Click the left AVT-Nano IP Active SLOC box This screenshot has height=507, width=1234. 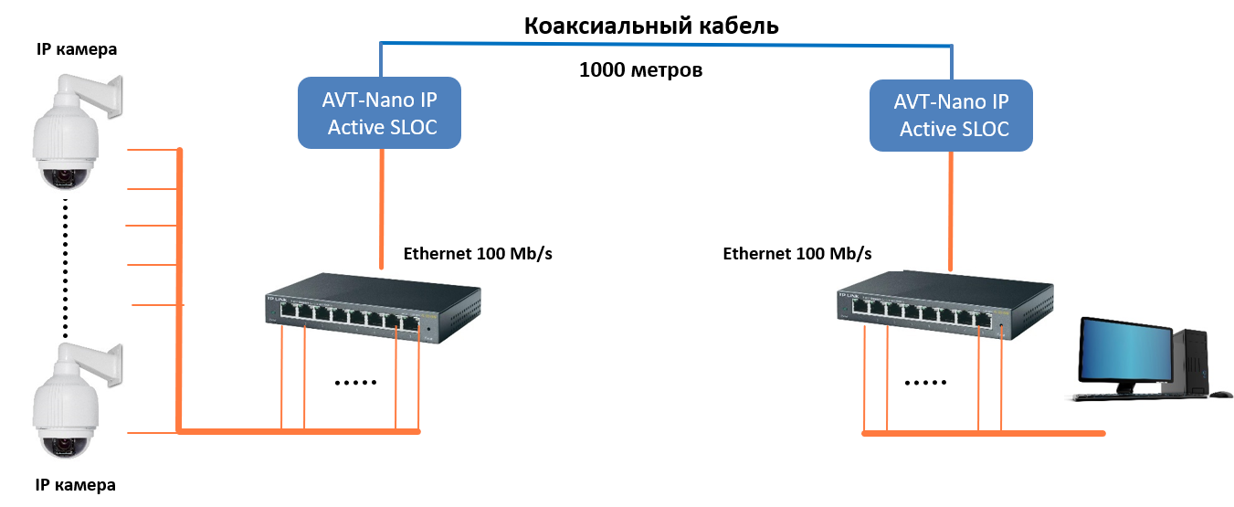(x=379, y=112)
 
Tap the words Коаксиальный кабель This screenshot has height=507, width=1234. (x=650, y=26)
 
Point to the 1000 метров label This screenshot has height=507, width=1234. (x=640, y=69)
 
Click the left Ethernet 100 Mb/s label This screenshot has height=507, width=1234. (x=478, y=253)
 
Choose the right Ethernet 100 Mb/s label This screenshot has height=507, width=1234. (x=796, y=253)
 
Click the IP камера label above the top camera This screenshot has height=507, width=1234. (x=77, y=49)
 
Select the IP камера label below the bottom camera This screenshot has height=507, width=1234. (x=76, y=485)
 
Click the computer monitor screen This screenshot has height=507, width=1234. (x=1125, y=352)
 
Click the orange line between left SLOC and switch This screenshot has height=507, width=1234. (x=382, y=206)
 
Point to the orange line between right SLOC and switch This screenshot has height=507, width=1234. (x=953, y=210)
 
